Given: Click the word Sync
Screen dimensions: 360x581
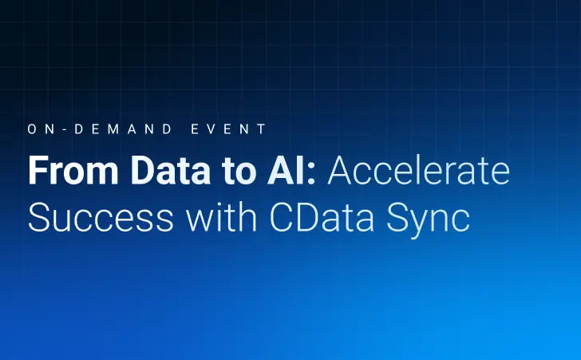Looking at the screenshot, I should click(x=429, y=218).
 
